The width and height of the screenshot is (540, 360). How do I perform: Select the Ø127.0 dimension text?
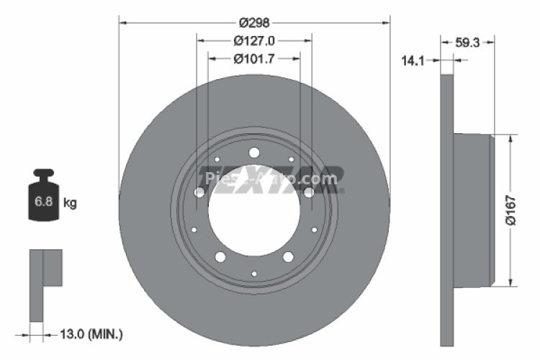(254, 41)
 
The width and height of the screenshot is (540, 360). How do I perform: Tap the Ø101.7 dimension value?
(254, 59)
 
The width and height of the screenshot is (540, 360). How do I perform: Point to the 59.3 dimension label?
(467, 43)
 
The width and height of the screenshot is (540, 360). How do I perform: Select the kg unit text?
(70, 203)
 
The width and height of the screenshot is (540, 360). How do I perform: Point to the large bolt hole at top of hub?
(253, 152)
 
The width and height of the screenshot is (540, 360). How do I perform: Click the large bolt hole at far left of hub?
(199, 192)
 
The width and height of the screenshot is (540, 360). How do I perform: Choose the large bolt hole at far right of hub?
(308, 192)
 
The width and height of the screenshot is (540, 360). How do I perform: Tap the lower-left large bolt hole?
(220, 257)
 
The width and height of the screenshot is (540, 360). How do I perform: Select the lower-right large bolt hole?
(288, 257)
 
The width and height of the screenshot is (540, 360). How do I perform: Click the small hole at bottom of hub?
(254, 274)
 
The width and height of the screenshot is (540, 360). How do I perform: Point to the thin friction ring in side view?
(446, 209)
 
